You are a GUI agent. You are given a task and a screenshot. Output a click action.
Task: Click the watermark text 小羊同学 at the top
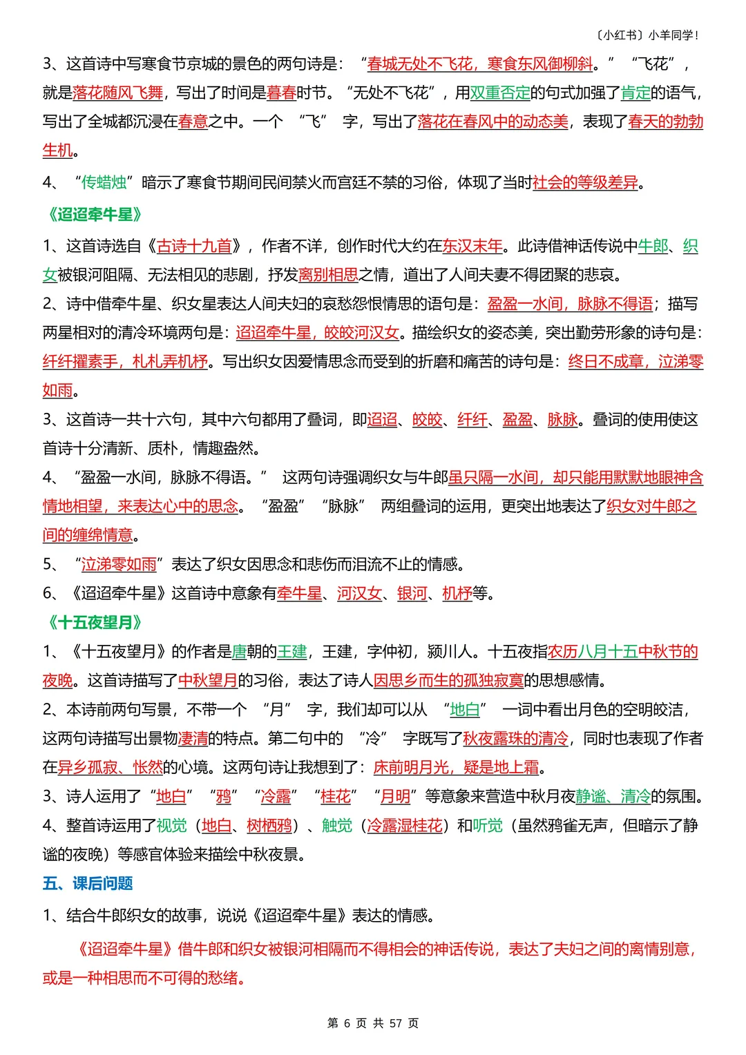(x=673, y=35)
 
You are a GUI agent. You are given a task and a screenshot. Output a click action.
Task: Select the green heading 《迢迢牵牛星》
(x=95, y=215)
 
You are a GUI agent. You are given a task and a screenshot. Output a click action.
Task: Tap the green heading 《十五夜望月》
(x=95, y=623)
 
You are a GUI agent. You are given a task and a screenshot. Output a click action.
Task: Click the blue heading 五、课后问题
(x=88, y=883)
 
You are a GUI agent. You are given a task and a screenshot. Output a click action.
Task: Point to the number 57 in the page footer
(x=395, y=1023)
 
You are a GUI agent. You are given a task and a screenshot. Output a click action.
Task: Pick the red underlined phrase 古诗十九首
(x=194, y=246)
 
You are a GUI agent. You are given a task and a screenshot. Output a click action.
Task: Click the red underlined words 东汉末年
(x=472, y=246)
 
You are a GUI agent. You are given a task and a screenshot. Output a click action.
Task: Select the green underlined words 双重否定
(x=499, y=93)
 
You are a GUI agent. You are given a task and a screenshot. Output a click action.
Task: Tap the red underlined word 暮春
(x=281, y=93)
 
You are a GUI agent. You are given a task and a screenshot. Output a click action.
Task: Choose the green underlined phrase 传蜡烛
(x=104, y=182)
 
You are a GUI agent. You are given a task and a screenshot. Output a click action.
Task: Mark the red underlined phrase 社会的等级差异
(x=585, y=182)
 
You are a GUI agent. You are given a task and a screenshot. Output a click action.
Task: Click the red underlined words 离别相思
(x=328, y=275)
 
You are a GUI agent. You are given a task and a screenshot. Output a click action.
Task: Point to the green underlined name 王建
(x=291, y=652)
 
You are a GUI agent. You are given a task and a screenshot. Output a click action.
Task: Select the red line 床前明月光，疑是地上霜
(x=456, y=767)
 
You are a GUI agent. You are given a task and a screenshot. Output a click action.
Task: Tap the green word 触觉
(x=336, y=825)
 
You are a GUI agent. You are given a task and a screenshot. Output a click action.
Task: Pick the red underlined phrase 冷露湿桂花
(x=404, y=825)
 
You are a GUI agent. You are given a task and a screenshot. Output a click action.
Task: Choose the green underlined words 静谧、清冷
(x=613, y=796)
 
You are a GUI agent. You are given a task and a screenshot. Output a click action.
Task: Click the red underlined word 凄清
(x=193, y=738)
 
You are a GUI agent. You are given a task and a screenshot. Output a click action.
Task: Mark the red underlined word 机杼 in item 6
(x=457, y=593)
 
